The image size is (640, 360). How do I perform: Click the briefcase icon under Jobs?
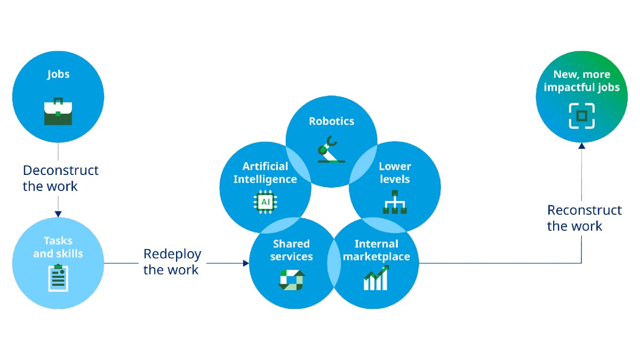pos(58,111)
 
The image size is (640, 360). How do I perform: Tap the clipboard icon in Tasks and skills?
pos(58,277)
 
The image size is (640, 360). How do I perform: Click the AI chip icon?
pos(265,202)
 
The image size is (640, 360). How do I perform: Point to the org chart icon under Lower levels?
pos(395,202)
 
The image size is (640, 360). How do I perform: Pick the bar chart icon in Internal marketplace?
pos(377,279)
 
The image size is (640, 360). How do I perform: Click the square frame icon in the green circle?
pos(581,116)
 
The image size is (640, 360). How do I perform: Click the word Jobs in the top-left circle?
pos(58,74)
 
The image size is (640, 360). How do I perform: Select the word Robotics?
pos(331,121)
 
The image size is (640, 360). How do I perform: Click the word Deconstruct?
pos(60,171)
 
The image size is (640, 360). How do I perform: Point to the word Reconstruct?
pos(585,210)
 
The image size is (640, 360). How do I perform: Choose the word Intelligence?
pos(265,179)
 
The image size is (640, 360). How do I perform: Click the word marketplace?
pos(377,257)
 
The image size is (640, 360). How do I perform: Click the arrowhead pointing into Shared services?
pos(246,263)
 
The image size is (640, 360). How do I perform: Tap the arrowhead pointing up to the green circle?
pos(581,145)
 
